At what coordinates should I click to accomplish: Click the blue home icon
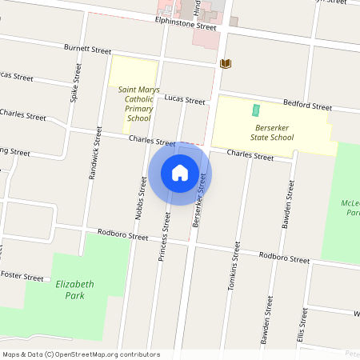point(180,173)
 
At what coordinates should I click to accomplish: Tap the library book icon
point(225,63)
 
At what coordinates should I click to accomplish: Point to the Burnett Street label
point(88,50)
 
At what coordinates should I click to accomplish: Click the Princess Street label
point(165,232)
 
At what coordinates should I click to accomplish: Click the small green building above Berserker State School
point(257,110)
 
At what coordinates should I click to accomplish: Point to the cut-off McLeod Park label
point(350,209)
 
